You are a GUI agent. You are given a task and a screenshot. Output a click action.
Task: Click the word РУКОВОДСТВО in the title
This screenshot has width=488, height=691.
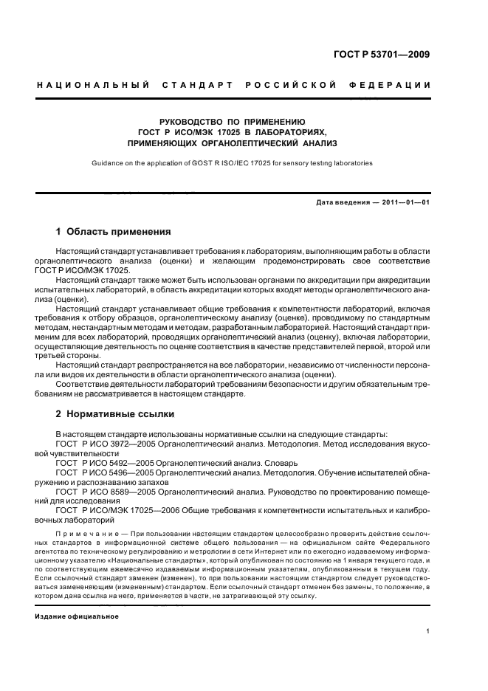click(x=190, y=120)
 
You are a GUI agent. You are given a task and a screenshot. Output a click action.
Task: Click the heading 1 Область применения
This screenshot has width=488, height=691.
click(x=114, y=231)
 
